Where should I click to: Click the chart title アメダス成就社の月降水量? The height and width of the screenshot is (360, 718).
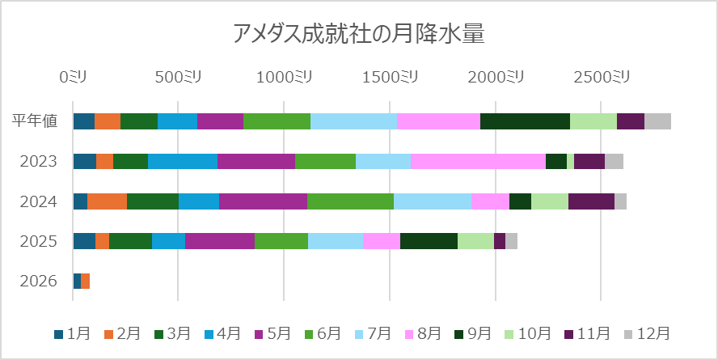coord(358,33)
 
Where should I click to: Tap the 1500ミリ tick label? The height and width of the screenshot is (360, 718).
coord(390,77)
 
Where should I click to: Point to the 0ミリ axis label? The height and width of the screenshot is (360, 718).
coord(73,77)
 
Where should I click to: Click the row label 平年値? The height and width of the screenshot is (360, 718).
coord(35,121)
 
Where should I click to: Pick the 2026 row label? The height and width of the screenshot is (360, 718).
coord(39,281)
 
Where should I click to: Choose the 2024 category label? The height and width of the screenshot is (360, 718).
coord(39,201)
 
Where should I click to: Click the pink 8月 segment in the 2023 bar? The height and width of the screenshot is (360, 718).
coord(478,161)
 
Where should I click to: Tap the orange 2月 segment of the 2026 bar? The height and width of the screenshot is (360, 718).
coord(85,281)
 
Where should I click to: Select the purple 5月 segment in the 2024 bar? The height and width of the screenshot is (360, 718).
coord(263,201)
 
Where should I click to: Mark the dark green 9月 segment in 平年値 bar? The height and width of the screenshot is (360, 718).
coord(525,121)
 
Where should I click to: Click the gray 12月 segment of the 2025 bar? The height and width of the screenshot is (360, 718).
coord(511,241)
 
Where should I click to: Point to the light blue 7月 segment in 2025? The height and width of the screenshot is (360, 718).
coord(336,241)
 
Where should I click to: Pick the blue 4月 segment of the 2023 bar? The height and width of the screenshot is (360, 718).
coord(183,161)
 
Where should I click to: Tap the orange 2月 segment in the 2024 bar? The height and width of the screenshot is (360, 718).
coord(107,201)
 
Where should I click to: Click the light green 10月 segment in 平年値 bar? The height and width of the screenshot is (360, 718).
coord(593,121)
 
